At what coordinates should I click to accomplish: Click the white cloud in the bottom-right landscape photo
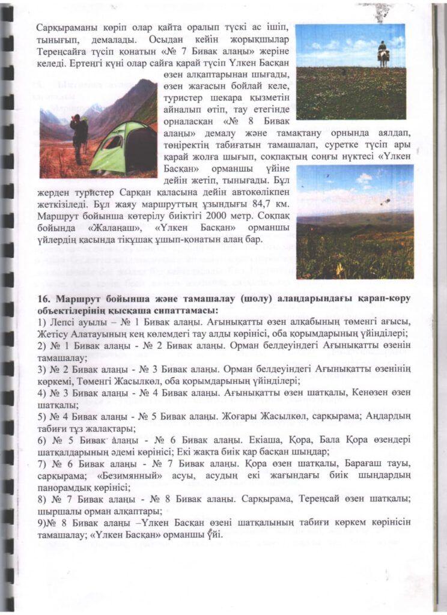point(364,178)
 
